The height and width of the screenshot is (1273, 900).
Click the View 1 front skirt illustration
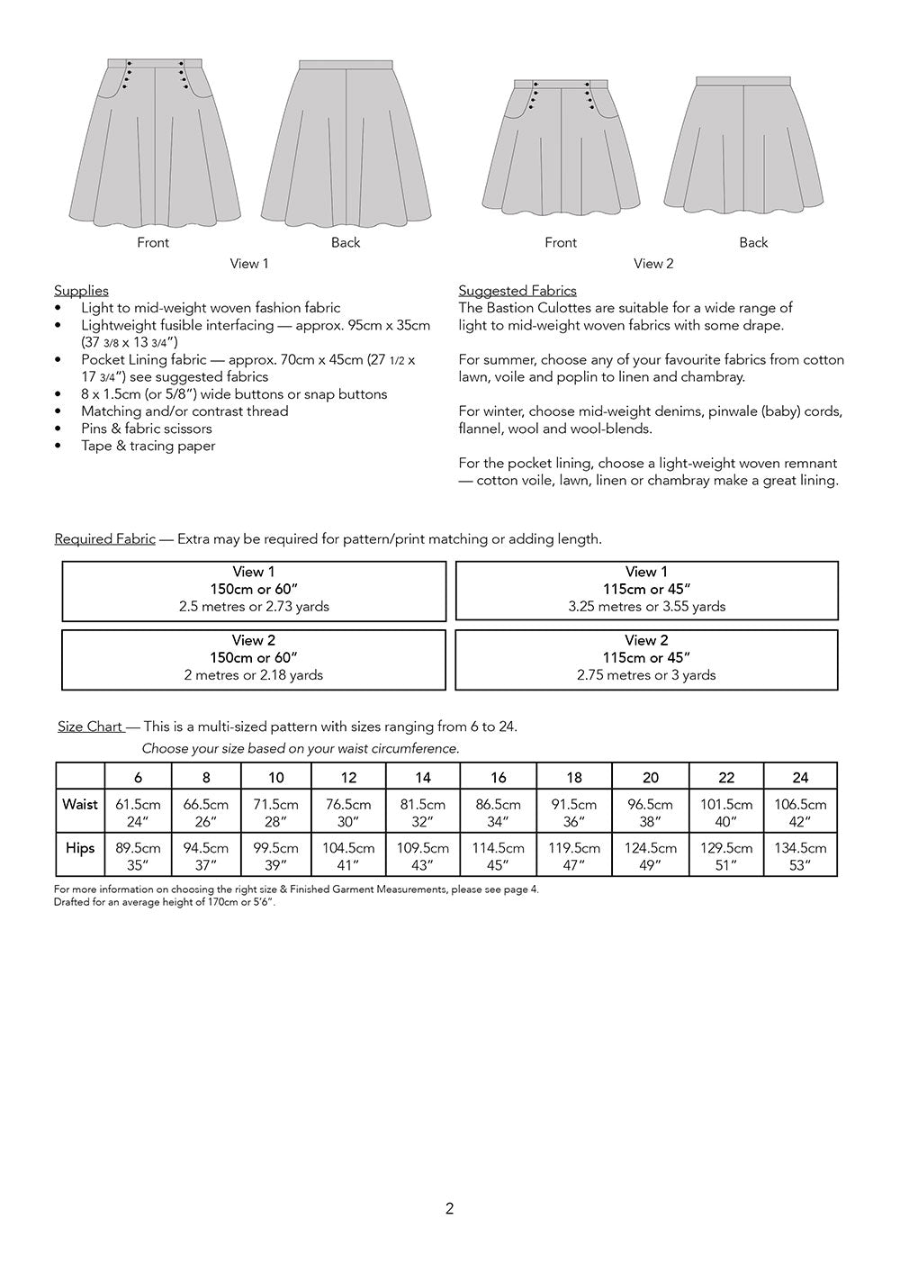[155, 144]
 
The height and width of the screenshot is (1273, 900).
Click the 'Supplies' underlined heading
[81, 291]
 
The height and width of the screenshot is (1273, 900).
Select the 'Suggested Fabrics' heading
[517, 291]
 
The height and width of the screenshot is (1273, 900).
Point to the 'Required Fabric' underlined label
[104, 539]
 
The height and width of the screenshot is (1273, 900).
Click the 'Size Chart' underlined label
[90, 727]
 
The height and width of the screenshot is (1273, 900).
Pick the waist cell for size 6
[138, 812]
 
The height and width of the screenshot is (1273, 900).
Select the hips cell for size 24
[800, 856]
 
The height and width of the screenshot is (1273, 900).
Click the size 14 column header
[422, 778]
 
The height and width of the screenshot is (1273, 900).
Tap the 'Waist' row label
[80, 804]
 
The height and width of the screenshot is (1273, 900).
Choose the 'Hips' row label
[80, 848]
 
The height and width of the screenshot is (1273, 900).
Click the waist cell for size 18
[574, 812]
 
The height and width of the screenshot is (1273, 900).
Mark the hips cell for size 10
[275, 856]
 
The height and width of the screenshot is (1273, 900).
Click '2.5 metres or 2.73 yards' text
[254, 607]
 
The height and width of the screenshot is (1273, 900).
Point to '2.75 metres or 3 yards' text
[646, 675]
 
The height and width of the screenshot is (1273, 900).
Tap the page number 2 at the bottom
[449, 1209]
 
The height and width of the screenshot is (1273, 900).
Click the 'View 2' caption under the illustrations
[653, 264]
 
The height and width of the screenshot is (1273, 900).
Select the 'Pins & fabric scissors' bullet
[147, 429]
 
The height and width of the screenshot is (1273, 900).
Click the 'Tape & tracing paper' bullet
[148, 446]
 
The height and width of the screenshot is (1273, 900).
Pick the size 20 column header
[650, 778]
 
